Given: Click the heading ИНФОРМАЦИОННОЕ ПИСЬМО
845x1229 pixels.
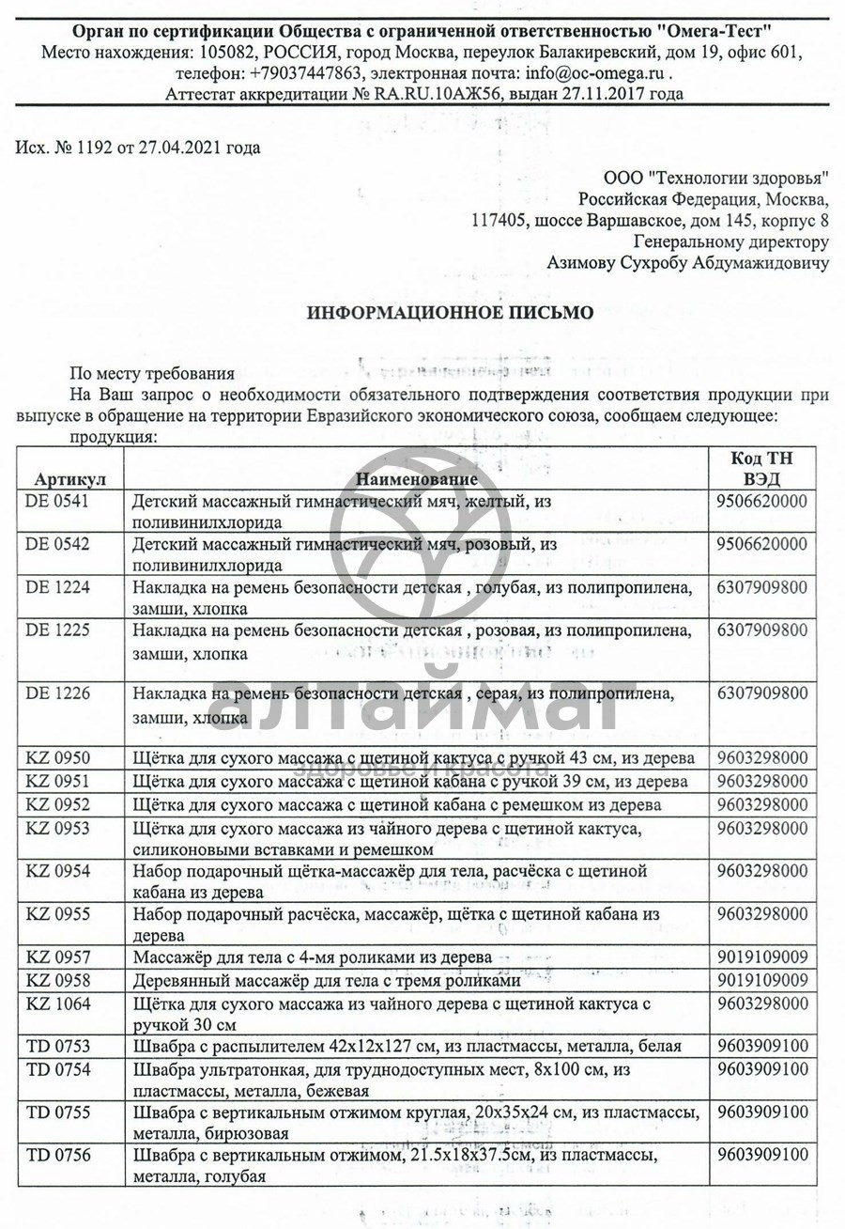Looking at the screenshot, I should pos(450,313).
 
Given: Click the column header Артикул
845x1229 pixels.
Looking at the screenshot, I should pos(70,478).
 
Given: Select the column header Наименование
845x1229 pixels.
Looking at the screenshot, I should pos(417,478).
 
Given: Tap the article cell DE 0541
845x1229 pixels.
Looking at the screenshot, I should pos(57,502).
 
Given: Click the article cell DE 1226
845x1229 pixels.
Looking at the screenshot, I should pos(57,693).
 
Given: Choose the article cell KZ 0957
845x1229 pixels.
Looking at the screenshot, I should pos(57,957).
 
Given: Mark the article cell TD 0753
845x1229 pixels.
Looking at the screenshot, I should pos(58,1046).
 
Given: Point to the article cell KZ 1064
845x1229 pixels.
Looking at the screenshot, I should pos(57,1003).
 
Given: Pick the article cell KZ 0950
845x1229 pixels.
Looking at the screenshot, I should pos(57,757).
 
